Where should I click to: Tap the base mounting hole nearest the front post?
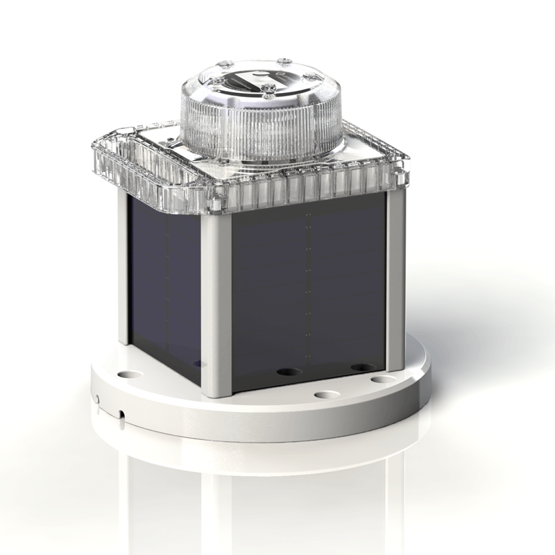coord(324,395)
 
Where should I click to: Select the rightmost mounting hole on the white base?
coord(379,379)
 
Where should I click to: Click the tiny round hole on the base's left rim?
coord(99,399)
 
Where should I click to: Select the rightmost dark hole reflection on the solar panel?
coord(361,367)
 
